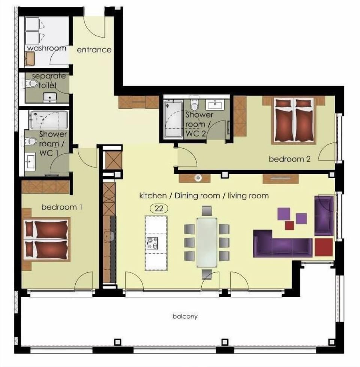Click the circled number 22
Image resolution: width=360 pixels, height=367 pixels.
159,208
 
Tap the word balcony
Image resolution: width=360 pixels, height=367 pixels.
185,316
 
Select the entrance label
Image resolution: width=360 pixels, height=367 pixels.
94,50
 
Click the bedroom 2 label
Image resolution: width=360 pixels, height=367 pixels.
289,159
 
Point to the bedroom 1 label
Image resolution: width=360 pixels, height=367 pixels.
62,207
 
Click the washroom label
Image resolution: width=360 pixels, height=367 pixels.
47,48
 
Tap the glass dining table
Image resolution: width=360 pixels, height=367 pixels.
207,242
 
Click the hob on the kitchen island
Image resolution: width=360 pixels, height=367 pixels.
152,244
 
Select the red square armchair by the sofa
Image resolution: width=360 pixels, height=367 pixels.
324,247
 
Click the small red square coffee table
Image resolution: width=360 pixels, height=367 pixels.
289,226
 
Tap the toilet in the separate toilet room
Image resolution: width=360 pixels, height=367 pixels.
31,84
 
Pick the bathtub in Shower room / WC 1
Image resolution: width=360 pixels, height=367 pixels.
49,120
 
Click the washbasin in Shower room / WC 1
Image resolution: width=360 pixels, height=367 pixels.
30,161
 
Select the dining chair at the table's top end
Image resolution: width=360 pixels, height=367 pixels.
207,211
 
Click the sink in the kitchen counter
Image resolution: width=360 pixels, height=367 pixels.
109,236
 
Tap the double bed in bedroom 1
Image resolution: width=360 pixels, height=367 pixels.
47,239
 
